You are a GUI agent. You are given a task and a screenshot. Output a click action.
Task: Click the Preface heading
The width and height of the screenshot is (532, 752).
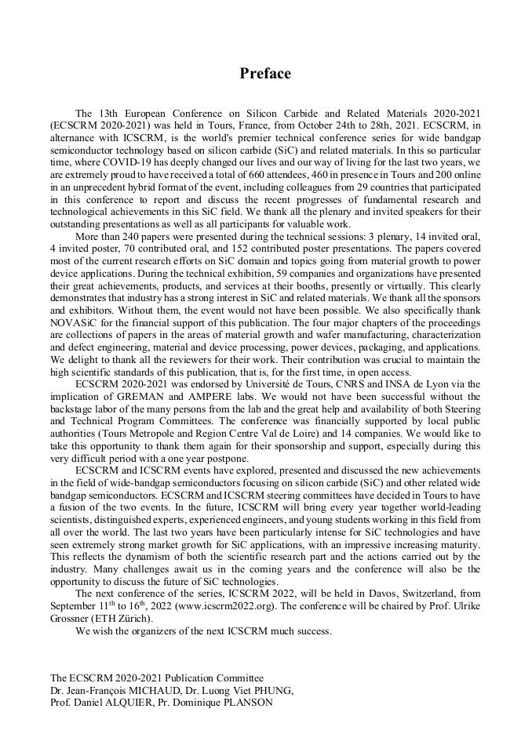265,74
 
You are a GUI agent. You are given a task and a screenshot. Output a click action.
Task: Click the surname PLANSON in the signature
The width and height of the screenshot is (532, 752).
246,703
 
